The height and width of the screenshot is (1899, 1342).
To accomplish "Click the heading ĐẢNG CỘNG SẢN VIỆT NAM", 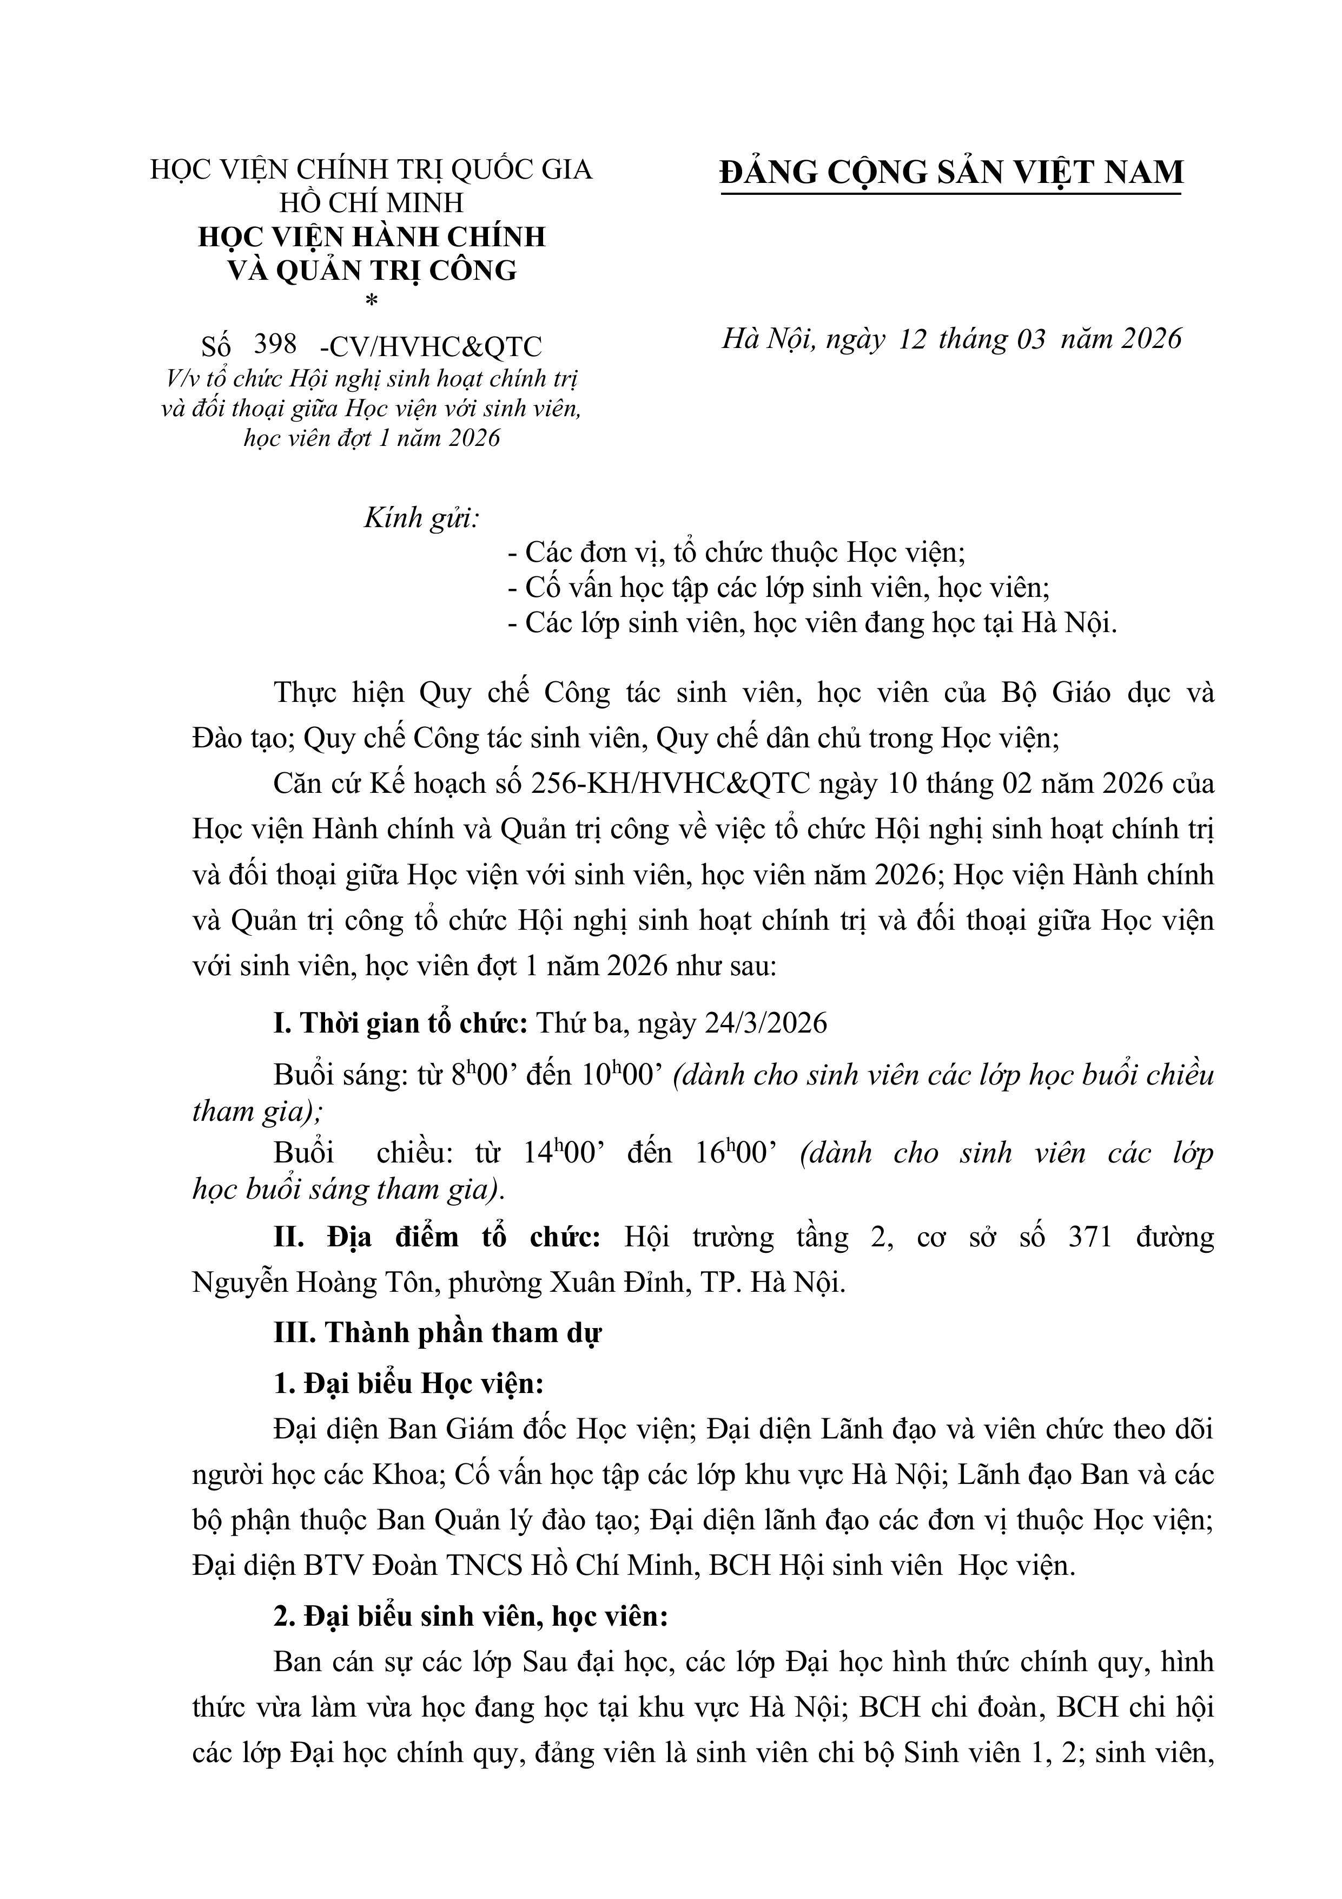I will coord(951,172).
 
